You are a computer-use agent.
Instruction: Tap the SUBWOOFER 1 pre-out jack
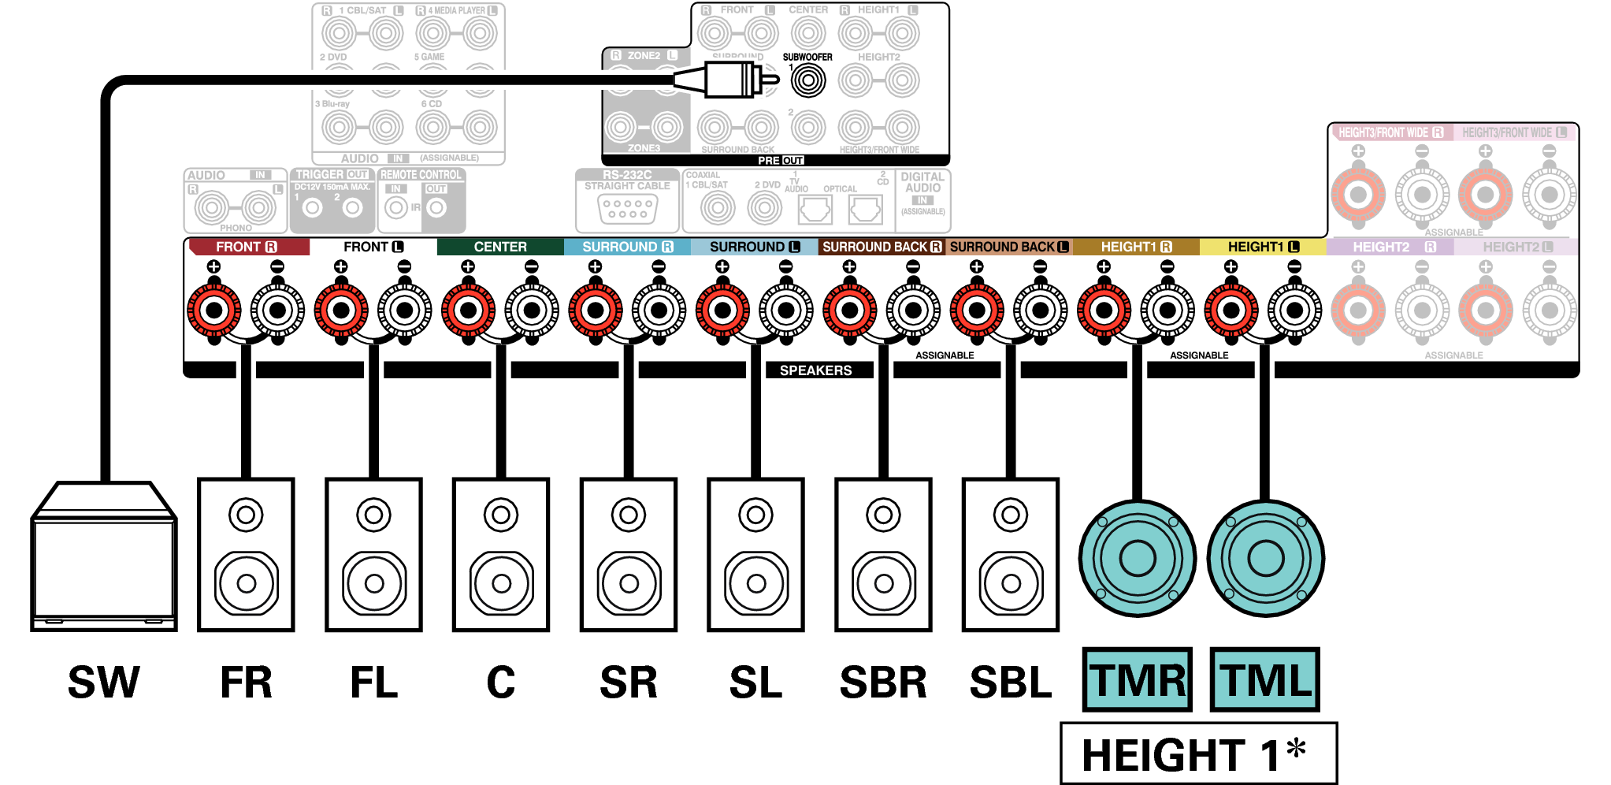807,80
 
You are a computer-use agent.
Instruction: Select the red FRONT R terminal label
247,247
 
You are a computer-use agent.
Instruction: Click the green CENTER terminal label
500,247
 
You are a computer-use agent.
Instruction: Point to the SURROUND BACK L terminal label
1008,247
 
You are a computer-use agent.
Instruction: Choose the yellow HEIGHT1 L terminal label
1263,247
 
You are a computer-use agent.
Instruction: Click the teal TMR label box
1137,679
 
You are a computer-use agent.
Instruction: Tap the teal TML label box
1264,679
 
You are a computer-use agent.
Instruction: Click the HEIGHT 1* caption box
1197,753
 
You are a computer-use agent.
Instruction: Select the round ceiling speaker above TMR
1137,558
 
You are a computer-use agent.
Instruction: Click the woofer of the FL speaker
374,583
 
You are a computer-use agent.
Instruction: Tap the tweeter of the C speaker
501,515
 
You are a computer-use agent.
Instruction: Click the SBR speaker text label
883,683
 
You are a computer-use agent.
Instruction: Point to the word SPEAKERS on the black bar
815,370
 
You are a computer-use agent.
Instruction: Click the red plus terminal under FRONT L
341,310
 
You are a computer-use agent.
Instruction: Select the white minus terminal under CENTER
532,310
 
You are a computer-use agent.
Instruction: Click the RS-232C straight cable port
627,208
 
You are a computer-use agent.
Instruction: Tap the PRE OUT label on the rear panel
781,160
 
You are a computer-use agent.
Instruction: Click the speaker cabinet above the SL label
755,554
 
